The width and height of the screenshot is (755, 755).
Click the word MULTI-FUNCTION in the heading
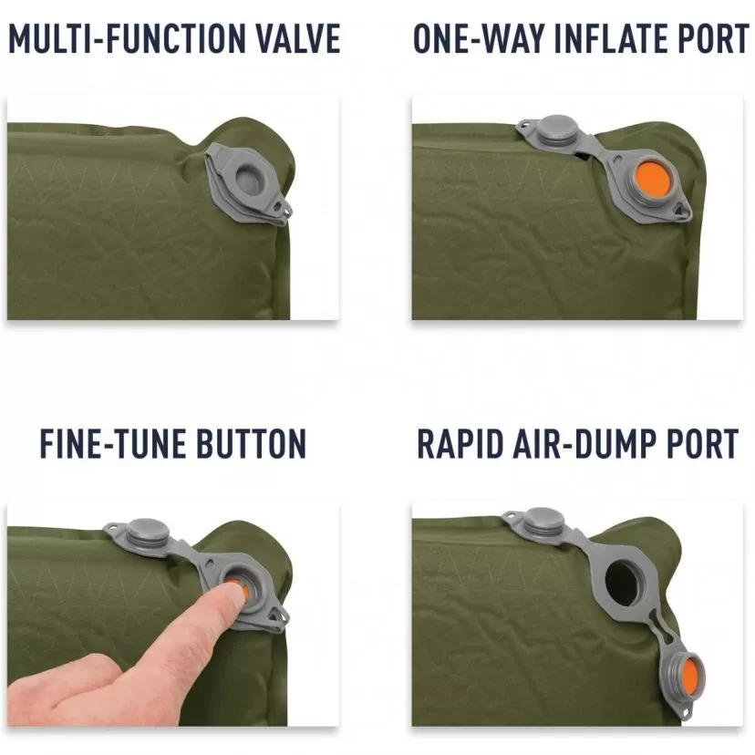tap(127, 38)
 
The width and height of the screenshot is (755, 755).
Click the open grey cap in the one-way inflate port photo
tap(557, 128)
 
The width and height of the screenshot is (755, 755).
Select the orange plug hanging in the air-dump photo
tap(690, 673)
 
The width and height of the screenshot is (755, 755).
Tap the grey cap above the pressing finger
tap(147, 532)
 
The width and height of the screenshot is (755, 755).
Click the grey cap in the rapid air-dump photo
tap(543, 521)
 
